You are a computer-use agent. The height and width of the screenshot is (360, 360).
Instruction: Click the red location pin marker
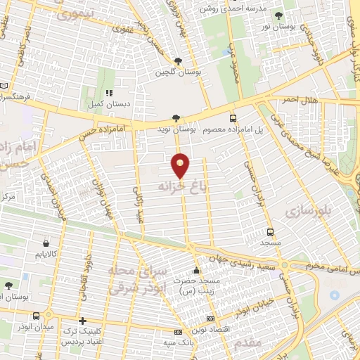click(x=181, y=166)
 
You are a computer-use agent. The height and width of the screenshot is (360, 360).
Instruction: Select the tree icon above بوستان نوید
click(x=175, y=118)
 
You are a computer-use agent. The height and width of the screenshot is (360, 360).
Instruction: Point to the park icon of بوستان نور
click(x=279, y=15)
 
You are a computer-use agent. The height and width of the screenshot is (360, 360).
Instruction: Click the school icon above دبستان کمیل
click(x=108, y=92)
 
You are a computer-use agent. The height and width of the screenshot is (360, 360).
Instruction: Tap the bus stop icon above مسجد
click(x=271, y=231)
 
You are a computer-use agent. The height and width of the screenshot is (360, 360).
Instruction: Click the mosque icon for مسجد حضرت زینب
click(x=195, y=271)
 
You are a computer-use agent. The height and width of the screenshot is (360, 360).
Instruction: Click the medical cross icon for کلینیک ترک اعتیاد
click(x=83, y=321)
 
